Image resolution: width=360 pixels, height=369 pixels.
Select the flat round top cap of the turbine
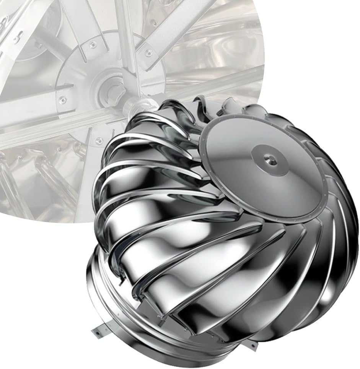tap(245, 180)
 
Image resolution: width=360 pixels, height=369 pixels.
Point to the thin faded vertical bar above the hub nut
tap(126, 38)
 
